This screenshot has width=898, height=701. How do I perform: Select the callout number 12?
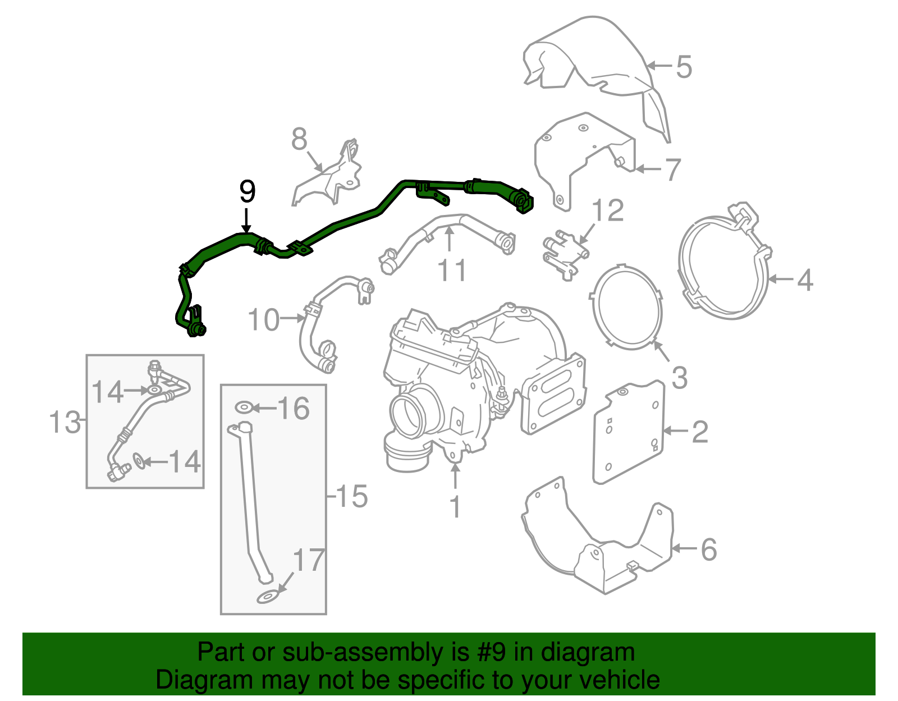[607, 210]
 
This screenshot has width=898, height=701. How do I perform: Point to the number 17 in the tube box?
[309, 560]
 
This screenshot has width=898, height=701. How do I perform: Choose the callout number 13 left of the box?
[65, 422]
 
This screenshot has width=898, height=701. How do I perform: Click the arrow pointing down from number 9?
[246, 220]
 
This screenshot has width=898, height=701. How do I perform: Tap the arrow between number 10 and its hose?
[292, 318]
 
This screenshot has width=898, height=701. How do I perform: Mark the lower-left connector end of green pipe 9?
[195, 329]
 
